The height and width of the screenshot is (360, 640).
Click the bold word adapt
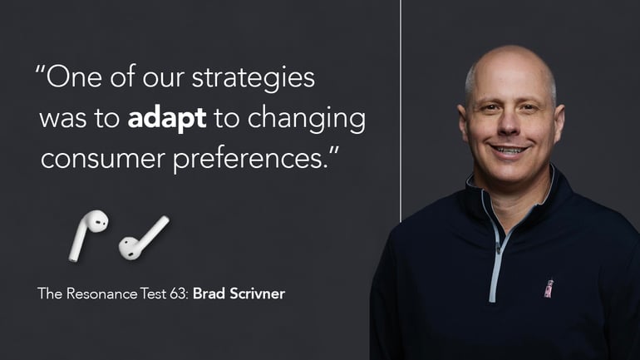(x=167, y=119)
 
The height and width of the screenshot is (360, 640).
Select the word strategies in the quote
(x=253, y=78)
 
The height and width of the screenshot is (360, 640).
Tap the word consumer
(x=103, y=159)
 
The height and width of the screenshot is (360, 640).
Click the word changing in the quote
(x=306, y=119)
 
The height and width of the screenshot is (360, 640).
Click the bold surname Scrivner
(x=257, y=293)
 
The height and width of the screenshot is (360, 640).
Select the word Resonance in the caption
(x=101, y=293)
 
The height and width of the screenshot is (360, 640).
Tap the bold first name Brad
(x=209, y=293)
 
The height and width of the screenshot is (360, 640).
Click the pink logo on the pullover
(x=549, y=288)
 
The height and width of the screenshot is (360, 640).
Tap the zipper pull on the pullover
(x=498, y=249)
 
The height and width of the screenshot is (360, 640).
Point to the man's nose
(x=508, y=123)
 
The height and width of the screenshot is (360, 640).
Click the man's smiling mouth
(x=509, y=150)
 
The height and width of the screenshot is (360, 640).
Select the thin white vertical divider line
(x=401, y=111)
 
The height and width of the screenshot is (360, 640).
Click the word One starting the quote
(x=74, y=77)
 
